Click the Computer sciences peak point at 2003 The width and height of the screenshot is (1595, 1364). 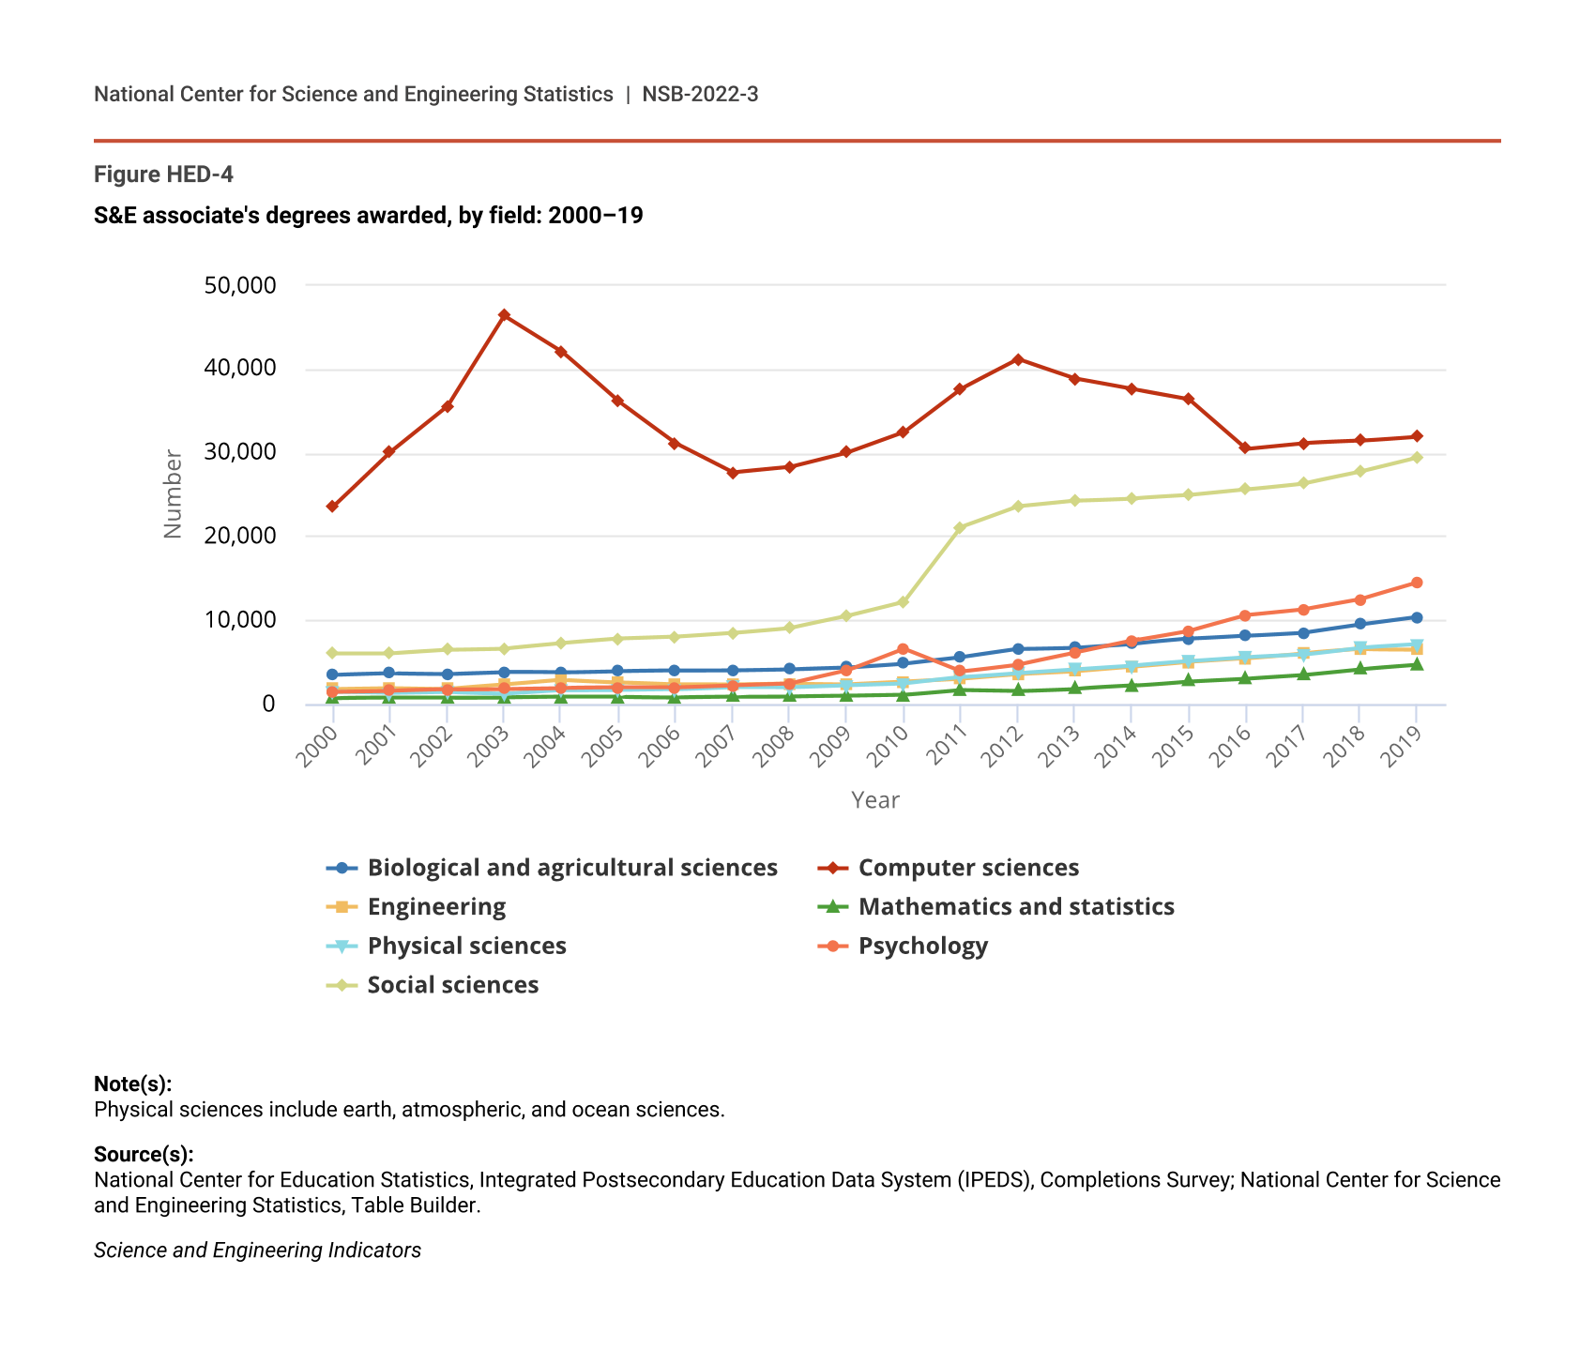click(x=504, y=315)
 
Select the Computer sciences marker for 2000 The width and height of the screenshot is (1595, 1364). click(x=332, y=507)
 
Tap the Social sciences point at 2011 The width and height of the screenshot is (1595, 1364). click(x=960, y=528)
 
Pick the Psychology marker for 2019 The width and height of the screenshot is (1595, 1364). click(x=1417, y=583)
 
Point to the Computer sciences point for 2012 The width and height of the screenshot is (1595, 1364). click(x=1017, y=359)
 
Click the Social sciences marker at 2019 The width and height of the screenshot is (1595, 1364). click(x=1417, y=458)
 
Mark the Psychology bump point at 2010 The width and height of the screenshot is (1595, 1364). click(x=903, y=649)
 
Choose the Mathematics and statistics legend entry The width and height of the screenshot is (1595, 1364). click(x=1015, y=907)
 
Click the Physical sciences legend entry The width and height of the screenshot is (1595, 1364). click(x=466, y=946)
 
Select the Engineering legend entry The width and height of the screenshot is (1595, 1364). click(x=436, y=907)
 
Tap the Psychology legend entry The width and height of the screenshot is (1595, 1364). click(x=922, y=946)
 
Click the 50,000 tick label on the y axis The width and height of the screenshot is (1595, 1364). click(x=239, y=285)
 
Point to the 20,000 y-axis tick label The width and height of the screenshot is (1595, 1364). click(x=239, y=537)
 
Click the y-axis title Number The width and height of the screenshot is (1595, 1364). click(x=173, y=494)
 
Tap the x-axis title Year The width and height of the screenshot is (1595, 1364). click(x=874, y=800)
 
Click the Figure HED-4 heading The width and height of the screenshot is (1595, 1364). click(x=163, y=174)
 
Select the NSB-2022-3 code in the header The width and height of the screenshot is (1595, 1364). click(x=700, y=94)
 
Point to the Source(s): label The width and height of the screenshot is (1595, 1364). click(x=144, y=1155)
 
